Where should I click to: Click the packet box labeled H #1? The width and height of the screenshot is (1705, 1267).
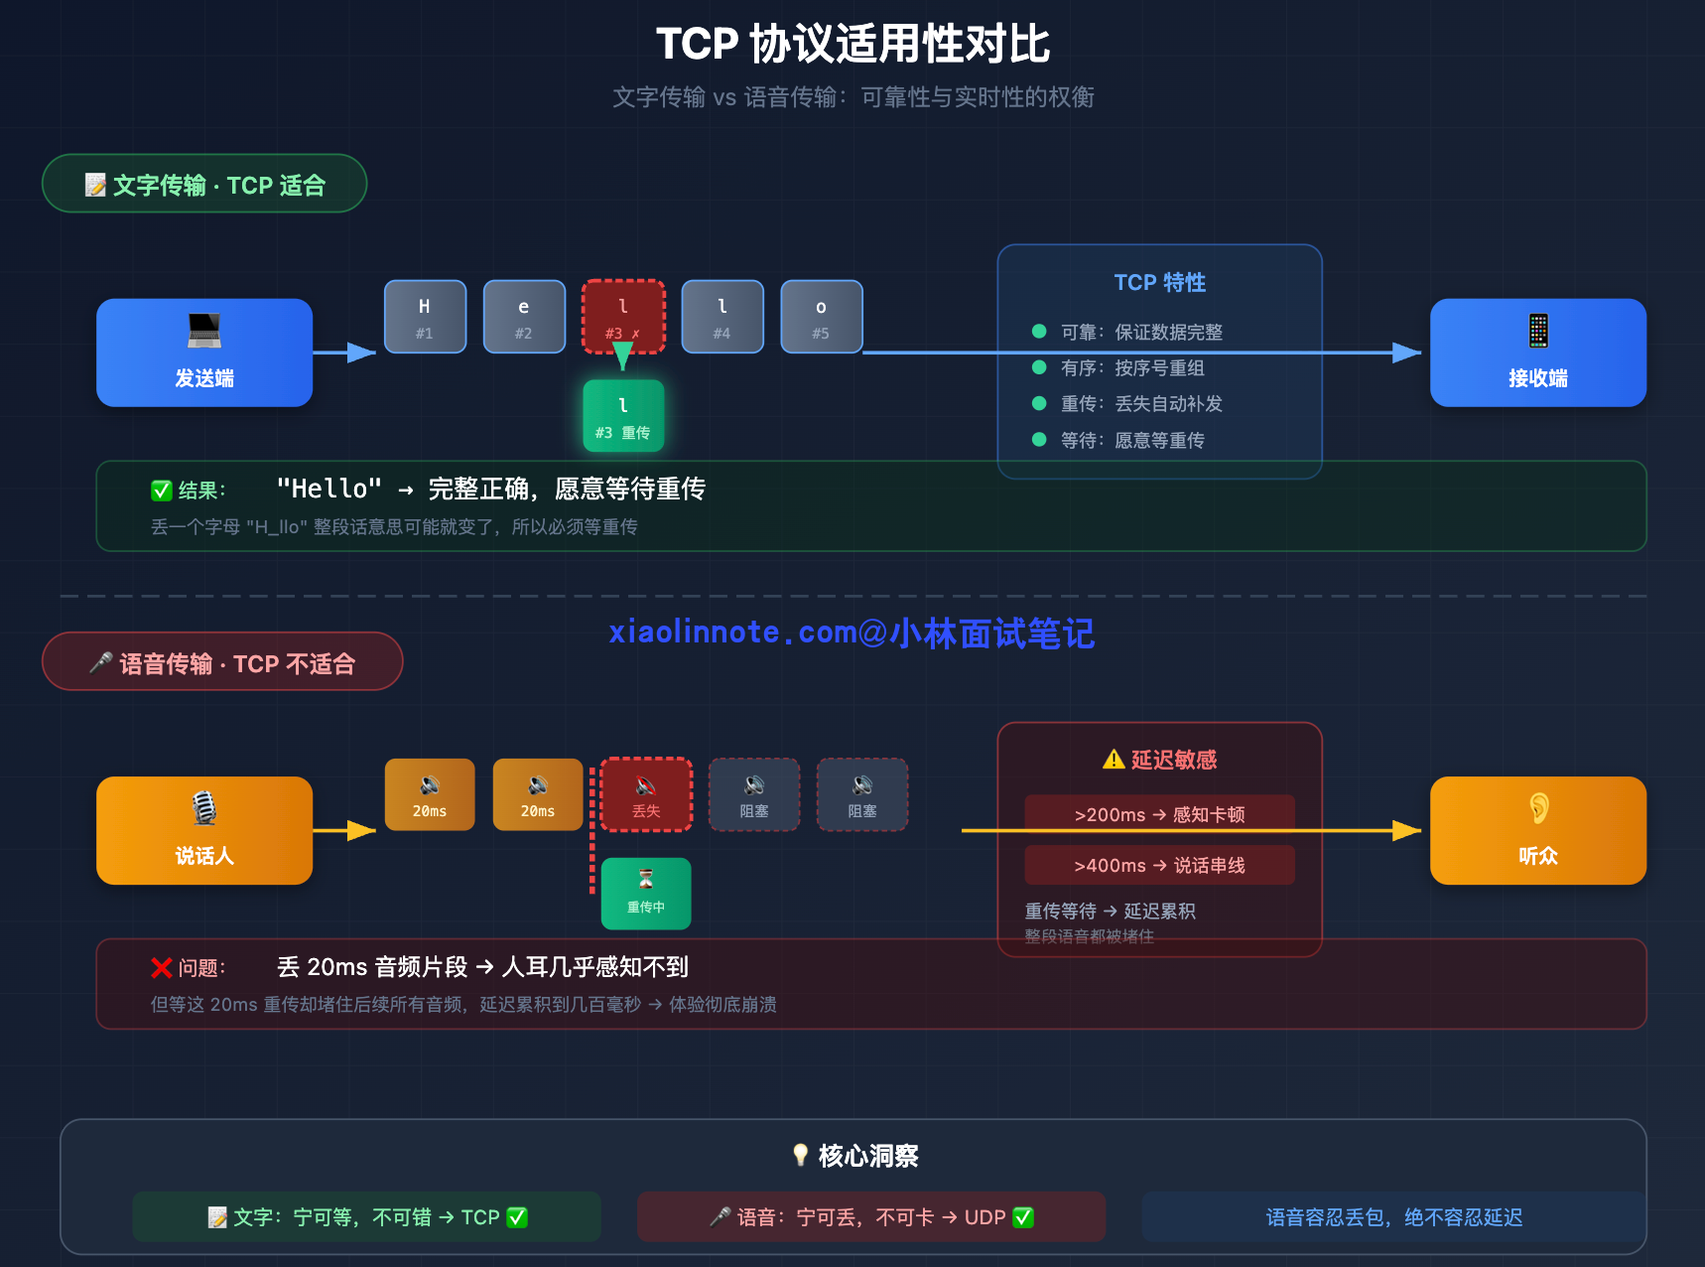(x=425, y=317)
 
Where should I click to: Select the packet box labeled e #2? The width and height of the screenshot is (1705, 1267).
(x=524, y=317)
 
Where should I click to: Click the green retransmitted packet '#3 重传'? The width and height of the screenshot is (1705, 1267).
(x=623, y=416)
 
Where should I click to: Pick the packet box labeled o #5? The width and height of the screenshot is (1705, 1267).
(x=821, y=317)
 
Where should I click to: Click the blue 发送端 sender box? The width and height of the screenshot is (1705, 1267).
(x=204, y=352)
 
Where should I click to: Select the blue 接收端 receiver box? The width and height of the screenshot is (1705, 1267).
(x=1537, y=352)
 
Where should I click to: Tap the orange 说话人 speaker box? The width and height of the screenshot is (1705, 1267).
(x=204, y=830)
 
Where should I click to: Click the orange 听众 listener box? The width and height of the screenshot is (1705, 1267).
(x=1537, y=830)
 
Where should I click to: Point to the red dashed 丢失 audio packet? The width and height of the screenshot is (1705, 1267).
(x=646, y=794)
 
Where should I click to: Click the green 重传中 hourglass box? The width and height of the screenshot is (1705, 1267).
(x=646, y=893)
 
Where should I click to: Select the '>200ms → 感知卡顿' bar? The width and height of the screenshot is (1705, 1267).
(x=1159, y=814)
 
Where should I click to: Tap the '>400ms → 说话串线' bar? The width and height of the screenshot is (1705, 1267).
(x=1159, y=865)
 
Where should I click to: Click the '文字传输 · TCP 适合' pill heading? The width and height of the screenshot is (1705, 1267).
(x=204, y=185)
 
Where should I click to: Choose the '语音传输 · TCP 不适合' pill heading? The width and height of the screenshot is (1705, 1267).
(x=222, y=662)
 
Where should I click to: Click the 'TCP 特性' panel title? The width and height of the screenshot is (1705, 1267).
(x=1159, y=283)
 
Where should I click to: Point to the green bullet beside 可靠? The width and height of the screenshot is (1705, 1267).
(x=1039, y=332)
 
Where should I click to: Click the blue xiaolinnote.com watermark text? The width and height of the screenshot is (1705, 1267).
(x=852, y=633)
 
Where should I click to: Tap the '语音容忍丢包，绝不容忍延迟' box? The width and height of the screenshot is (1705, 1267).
(x=1393, y=1217)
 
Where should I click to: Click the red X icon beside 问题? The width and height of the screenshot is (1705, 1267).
(x=162, y=968)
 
